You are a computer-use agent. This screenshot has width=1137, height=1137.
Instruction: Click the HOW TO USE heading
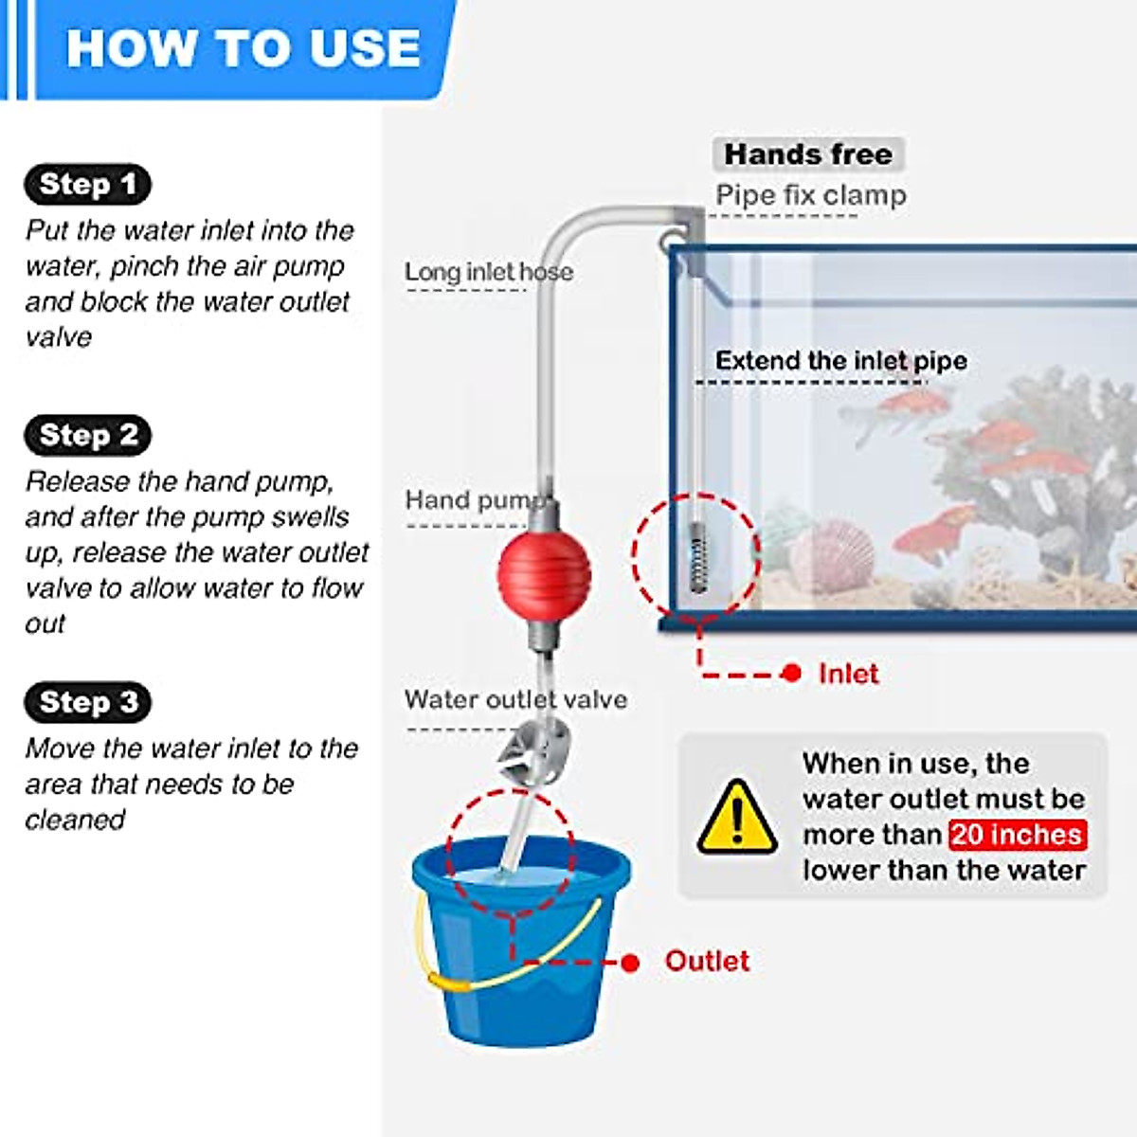[243, 47]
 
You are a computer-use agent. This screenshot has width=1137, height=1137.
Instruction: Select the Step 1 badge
[87, 184]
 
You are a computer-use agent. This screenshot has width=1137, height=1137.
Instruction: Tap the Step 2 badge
[88, 435]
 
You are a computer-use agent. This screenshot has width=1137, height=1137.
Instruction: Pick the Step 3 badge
[88, 702]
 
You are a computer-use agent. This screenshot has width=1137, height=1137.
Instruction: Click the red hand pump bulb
[544, 575]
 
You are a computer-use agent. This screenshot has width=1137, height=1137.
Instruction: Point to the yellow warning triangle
[737, 818]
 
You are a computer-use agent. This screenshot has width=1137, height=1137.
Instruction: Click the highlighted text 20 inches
[1017, 835]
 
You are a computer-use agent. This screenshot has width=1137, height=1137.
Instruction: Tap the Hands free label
[808, 154]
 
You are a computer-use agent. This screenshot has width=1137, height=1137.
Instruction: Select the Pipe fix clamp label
[811, 195]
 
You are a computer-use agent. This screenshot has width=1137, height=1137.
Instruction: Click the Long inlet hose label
[489, 272]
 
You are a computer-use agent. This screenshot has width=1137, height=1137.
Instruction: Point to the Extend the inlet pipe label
[841, 361]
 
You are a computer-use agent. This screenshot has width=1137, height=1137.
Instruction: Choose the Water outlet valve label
[515, 699]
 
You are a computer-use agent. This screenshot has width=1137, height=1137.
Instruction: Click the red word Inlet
[848, 674]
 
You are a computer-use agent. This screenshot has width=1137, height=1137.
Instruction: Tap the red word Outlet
[707, 961]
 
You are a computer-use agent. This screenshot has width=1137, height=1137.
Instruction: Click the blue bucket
[521, 976]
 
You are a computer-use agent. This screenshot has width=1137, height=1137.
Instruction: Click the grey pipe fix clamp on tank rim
[687, 232]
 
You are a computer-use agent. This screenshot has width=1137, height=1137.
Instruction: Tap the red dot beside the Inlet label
[792, 674]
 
